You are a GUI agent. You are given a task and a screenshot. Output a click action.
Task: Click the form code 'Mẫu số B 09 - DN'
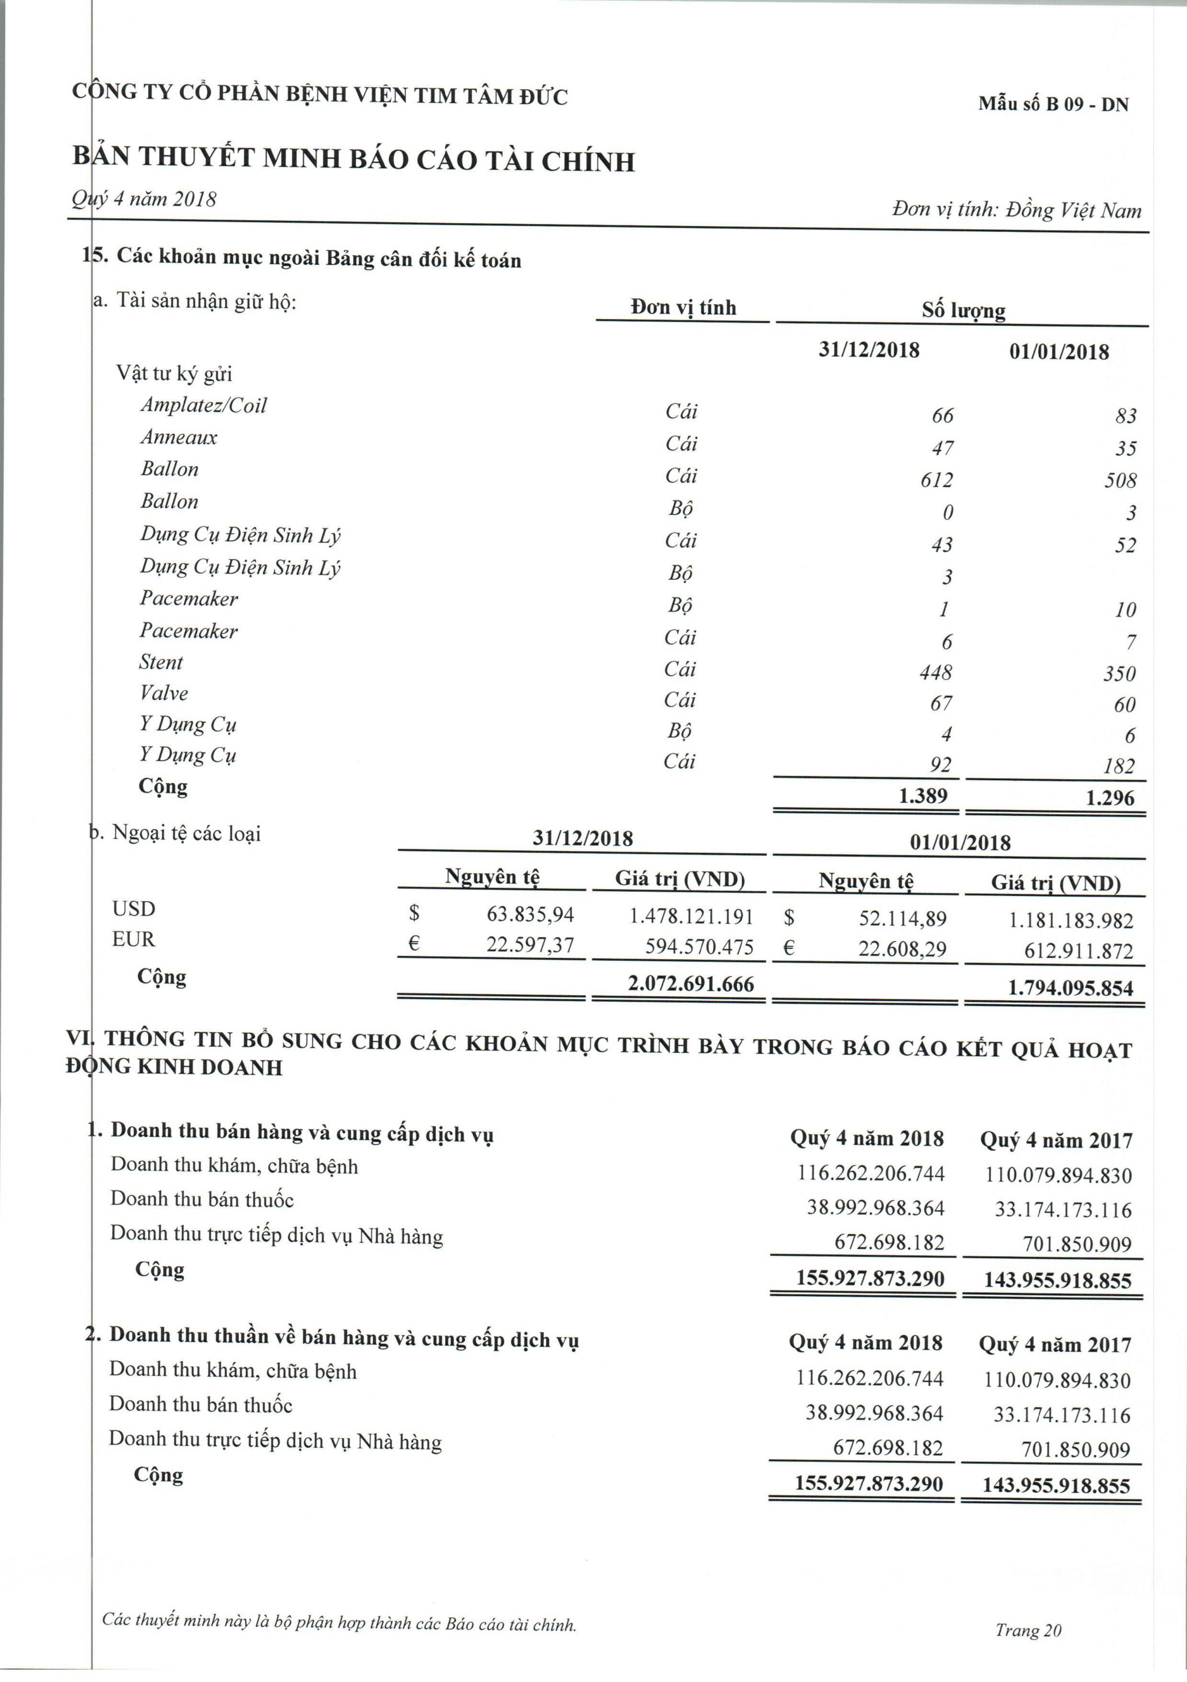point(1053,104)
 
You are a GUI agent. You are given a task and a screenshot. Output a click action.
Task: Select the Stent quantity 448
point(936,672)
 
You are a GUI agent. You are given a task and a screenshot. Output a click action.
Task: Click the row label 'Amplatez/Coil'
point(203,405)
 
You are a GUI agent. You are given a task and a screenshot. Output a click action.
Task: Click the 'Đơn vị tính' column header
point(682,308)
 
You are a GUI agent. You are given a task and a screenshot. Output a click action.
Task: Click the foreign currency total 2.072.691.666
point(691,984)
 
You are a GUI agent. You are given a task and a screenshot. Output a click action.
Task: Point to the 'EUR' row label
point(133,939)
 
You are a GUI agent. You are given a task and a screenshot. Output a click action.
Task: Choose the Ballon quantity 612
point(937,480)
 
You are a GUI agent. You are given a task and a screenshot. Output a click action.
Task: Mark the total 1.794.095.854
point(1070,988)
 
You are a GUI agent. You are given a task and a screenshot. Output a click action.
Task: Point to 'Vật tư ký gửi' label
point(174,374)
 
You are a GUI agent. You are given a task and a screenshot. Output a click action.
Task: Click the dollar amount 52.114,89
point(902,919)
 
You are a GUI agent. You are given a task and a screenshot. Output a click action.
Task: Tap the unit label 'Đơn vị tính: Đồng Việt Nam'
point(1016,210)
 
